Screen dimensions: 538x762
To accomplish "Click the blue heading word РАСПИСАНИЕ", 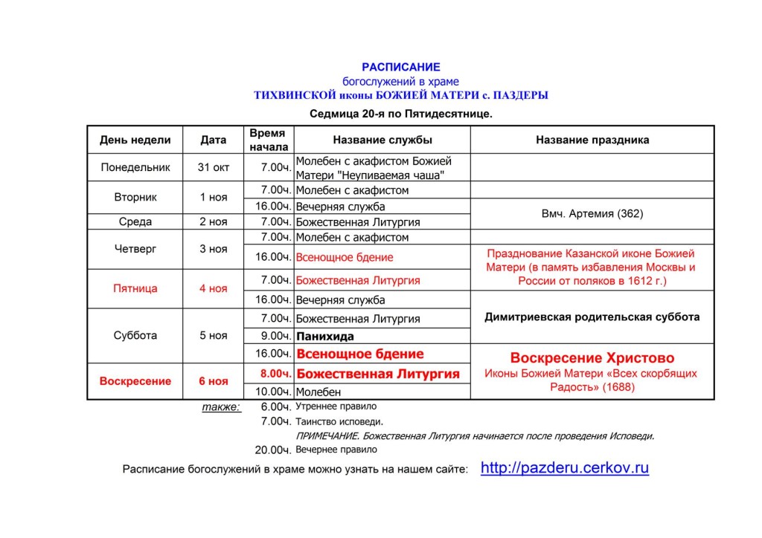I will coord(400,67).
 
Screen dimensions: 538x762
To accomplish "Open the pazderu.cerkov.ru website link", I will coord(565,468).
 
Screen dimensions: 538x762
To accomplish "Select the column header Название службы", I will coord(382,140).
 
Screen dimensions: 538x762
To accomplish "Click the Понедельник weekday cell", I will coord(135,167).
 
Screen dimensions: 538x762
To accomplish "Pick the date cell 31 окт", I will coord(214,167).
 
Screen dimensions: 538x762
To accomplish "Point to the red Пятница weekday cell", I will coord(135,288).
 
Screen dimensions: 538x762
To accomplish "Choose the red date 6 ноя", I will coord(214,381).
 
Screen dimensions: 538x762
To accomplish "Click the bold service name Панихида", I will coord(325,336).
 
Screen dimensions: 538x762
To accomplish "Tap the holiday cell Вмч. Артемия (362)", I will coord(592,213).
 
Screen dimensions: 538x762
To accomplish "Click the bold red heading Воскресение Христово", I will coord(592,358).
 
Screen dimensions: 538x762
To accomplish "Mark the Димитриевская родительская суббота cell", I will coord(592,317).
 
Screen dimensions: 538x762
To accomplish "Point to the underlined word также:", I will coord(221,407).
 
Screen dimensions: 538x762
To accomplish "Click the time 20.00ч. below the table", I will coord(272,450).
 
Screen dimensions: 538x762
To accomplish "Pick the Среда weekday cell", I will coord(135,221).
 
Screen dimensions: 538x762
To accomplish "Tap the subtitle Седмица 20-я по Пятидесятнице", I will coord(400,114).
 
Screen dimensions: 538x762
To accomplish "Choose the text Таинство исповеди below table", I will coord(330,421).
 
